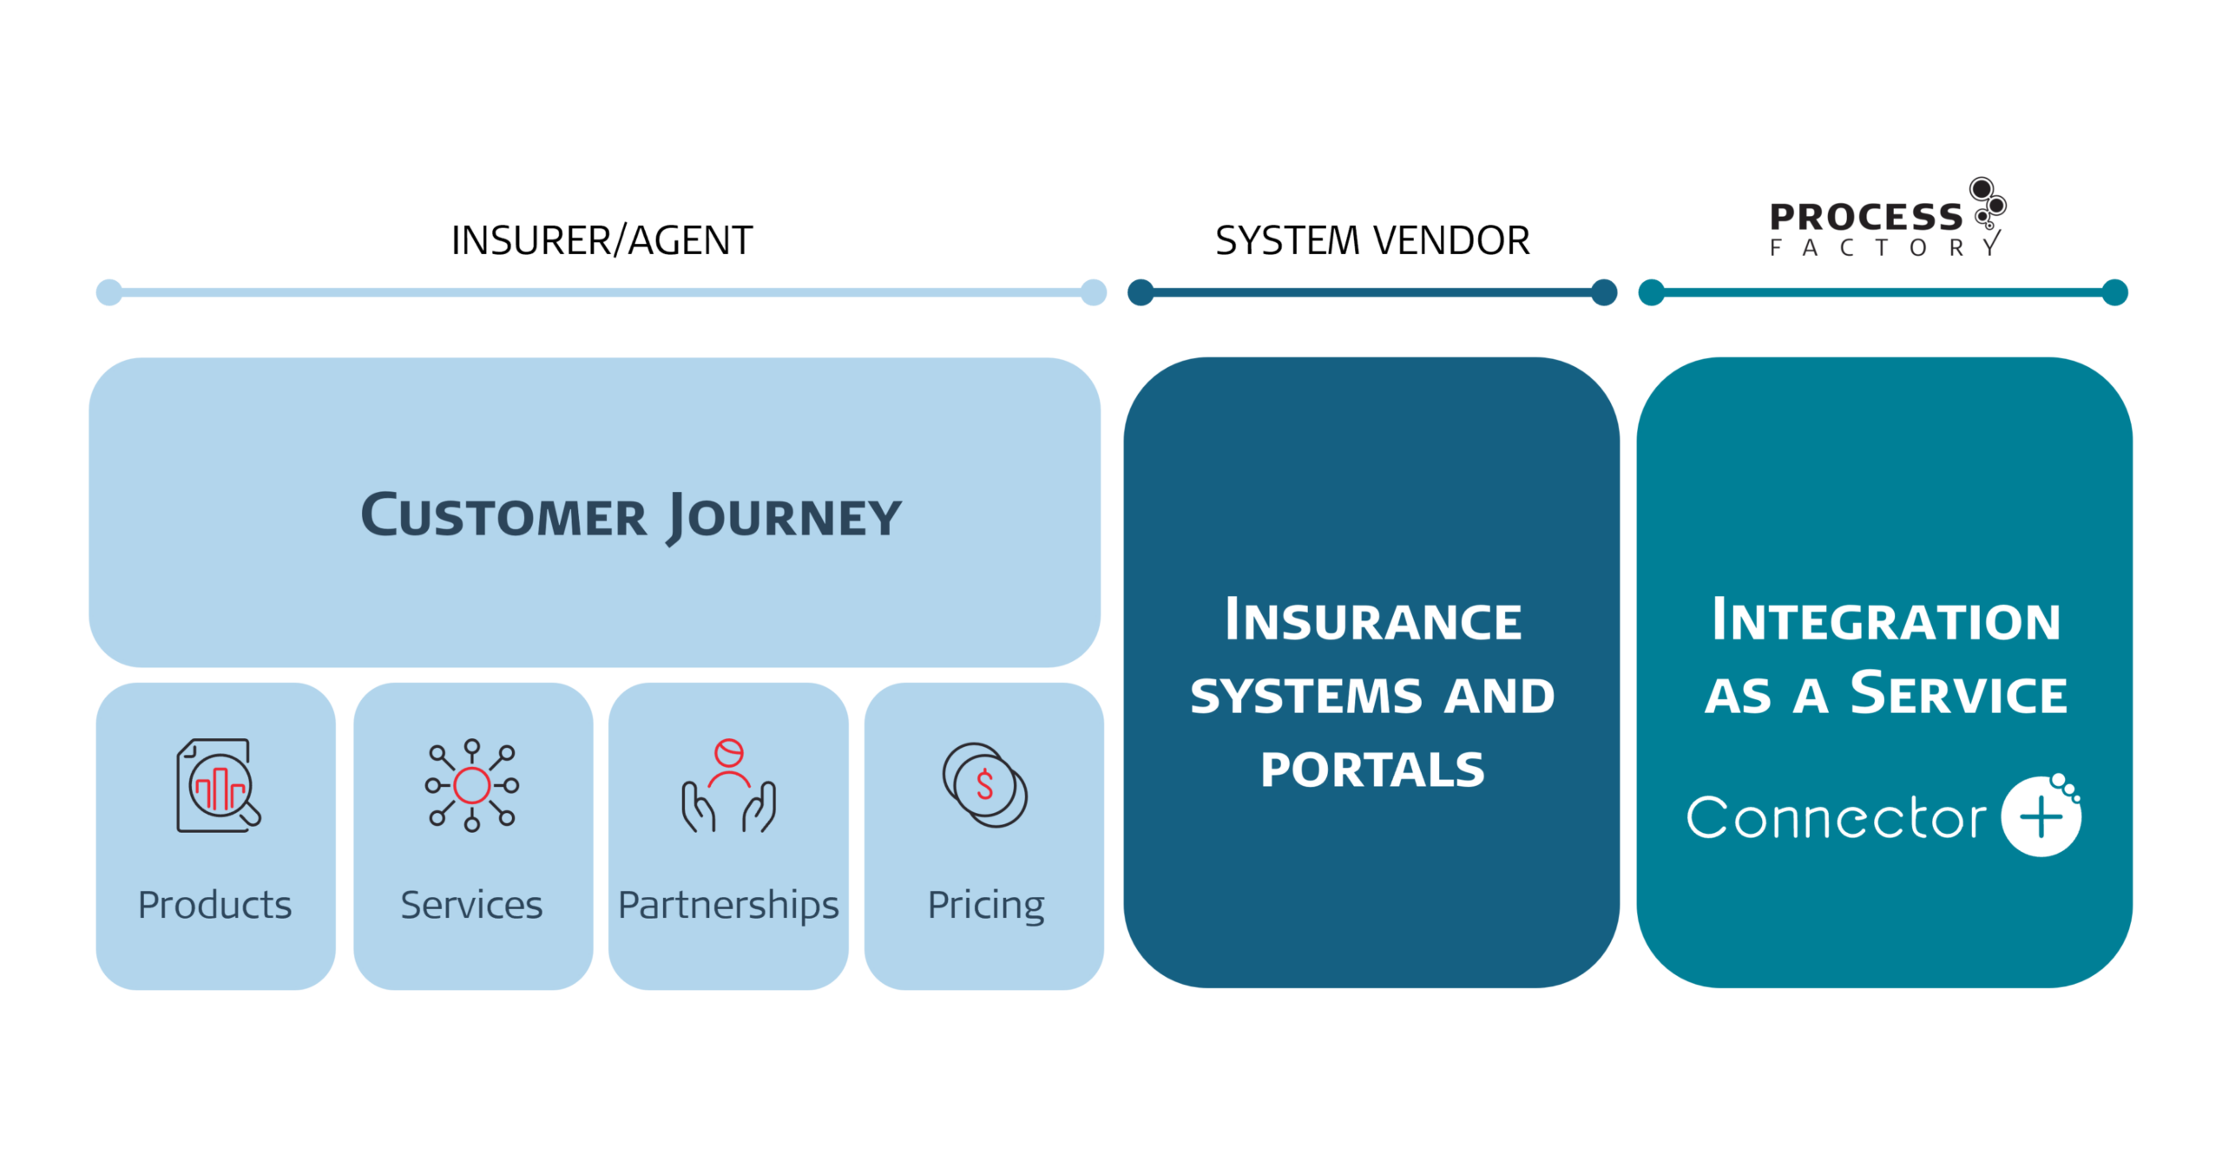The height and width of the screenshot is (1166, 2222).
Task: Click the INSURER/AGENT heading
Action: (x=602, y=240)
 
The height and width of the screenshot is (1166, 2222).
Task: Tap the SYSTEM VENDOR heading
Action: (x=1372, y=240)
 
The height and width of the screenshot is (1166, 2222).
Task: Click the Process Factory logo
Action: (x=1888, y=218)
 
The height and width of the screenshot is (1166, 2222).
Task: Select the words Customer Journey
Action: (x=631, y=517)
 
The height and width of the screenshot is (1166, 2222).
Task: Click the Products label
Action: (x=215, y=905)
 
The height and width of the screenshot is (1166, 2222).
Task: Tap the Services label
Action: (x=471, y=905)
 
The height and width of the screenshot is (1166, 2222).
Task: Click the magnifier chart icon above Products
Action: (x=219, y=786)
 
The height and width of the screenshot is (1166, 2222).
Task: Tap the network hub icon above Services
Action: (x=471, y=785)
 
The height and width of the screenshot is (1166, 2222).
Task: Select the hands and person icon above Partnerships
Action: (x=728, y=786)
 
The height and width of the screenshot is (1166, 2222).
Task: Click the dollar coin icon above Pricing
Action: (x=985, y=785)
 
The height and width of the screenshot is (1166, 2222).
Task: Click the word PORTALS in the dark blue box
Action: (x=1372, y=770)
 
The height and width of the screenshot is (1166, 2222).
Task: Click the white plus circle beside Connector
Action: (x=2041, y=816)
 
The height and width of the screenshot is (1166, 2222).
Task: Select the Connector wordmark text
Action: (x=1836, y=817)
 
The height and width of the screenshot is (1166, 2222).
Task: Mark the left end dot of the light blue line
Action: (x=108, y=292)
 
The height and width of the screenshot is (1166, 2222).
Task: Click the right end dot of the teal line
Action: (x=2115, y=292)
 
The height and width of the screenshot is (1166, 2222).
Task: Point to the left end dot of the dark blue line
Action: (x=1141, y=292)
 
